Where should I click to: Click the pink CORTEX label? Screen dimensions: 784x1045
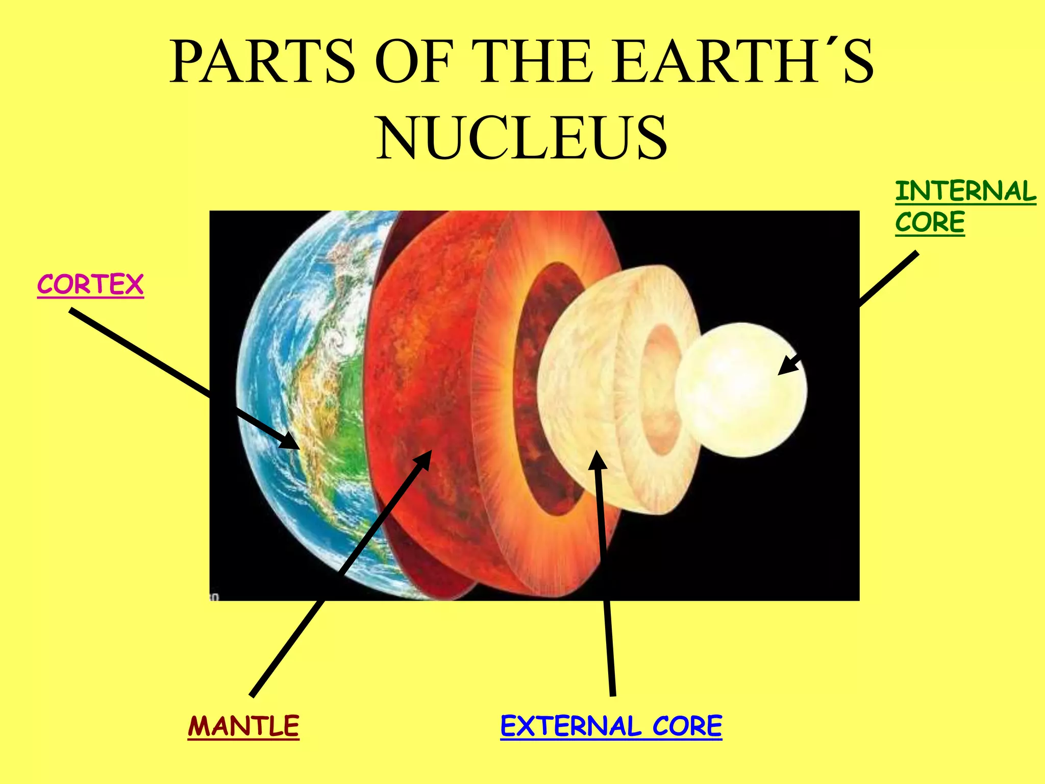pyautogui.click(x=90, y=285)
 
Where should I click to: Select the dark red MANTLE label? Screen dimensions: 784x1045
pyautogui.click(x=243, y=726)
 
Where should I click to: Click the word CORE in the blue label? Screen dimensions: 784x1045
pyautogui.click(x=687, y=726)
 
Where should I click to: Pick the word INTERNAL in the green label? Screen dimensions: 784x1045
pyautogui.click(x=965, y=191)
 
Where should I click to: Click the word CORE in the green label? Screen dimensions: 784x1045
pyautogui.click(x=930, y=223)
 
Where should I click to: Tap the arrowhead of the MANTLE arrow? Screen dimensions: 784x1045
pyautogui.click(x=423, y=459)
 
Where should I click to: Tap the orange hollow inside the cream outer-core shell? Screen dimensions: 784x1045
pyautogui.click(x=660, y=390)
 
